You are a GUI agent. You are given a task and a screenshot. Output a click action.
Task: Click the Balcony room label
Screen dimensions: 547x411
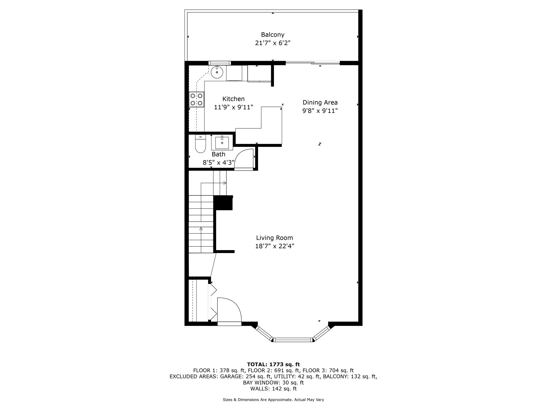[273, 35]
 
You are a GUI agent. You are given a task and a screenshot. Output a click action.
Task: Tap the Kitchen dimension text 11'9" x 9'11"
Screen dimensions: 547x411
[234, 107]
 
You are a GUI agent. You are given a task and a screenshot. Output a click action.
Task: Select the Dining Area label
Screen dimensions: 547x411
[320, 102]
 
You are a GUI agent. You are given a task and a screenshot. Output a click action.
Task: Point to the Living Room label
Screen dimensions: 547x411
[275, 238]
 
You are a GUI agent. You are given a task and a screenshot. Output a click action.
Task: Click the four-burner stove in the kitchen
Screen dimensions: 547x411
[196, 100]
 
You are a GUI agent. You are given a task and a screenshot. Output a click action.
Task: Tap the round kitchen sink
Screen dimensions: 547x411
[217, 72]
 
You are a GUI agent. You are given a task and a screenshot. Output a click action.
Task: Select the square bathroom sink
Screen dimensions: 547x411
[222, 143]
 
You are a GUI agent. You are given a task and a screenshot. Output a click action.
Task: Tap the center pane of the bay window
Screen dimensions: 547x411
[293, 340]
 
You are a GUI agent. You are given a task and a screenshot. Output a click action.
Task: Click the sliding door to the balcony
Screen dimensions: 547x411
[313, 63]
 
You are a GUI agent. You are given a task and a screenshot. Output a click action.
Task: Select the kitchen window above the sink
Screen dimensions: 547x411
[220, 63]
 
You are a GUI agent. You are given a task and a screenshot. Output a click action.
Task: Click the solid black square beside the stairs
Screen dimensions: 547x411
[223, 203]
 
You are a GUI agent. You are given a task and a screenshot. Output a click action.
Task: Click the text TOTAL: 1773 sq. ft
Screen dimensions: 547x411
[273, 364]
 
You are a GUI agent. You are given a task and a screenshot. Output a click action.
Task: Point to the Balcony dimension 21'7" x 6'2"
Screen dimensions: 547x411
[273, 43]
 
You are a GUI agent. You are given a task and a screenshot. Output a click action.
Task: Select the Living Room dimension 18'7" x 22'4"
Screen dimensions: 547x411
[275, 246]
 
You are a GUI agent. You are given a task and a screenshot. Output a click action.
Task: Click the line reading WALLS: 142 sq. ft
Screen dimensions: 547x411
[273, 389]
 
